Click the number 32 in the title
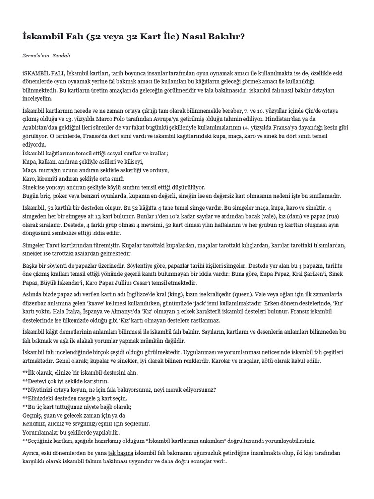click(x=121, y=36)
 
